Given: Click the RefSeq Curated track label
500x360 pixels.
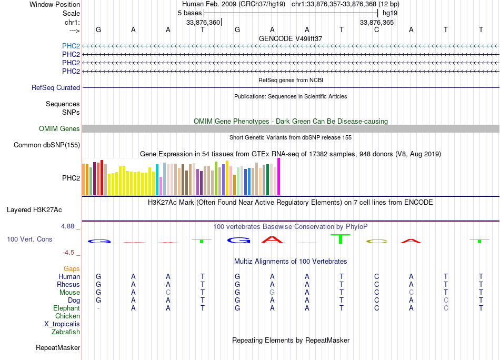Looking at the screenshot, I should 56,88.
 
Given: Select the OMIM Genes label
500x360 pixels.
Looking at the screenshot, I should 59,129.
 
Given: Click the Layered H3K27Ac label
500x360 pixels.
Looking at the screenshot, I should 34,210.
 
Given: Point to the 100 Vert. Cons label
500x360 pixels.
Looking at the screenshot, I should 29,239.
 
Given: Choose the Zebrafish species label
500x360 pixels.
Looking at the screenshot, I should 66,332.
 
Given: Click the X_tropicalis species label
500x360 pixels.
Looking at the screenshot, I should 62,324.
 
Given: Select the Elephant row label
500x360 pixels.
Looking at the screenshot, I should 66,308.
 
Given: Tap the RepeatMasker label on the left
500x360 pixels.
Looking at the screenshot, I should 58,348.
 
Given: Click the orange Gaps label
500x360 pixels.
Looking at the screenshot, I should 72,269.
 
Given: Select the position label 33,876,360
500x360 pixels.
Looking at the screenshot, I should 203,23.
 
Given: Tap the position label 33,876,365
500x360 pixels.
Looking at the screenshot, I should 376,23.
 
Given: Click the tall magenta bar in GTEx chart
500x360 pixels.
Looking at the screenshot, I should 279,176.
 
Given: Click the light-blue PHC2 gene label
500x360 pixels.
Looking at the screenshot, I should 71,46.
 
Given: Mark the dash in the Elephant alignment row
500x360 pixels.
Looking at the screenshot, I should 98,308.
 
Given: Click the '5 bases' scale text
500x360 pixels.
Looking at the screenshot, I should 190,13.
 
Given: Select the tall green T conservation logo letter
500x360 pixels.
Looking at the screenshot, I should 341,238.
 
